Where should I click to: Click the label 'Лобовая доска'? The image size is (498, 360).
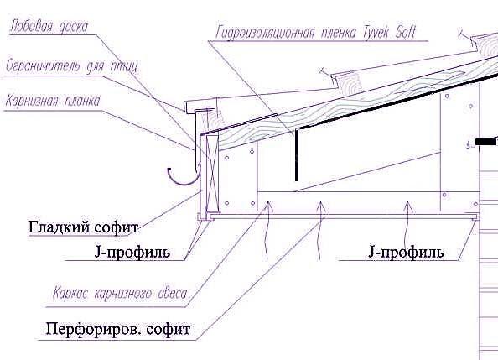[x=49, y=26]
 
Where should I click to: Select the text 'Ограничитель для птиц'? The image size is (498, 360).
[x=72, y=66]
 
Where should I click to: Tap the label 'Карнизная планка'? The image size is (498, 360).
[x=53, y=101]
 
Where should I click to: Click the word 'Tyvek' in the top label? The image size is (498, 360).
[x=376, y=33]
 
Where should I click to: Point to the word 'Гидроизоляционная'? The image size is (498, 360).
[x=265, y=33]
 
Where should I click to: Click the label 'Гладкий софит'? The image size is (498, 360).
[x=83, y=227]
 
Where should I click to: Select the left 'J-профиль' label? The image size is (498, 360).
[x=132, y=253]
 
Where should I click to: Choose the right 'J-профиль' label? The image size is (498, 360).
[x=406, y=252]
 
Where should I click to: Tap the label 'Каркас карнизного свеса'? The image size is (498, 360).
[x=120, y=293]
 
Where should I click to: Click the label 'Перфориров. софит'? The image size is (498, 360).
[x=118, y=329]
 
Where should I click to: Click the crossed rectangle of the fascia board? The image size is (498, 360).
[x=211, y=173]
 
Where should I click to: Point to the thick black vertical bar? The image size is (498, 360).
[x=297, y=155]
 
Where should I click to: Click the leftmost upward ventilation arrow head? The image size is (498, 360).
[x=268, y=206]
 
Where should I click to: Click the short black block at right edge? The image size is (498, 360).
[x=486, y=142]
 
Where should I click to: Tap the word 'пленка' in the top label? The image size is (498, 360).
[x=339, y=34]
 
